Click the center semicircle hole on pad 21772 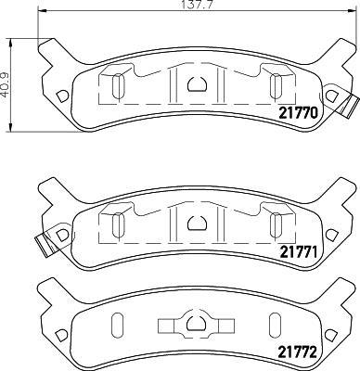point(197,323)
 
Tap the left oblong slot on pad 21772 point(118,326)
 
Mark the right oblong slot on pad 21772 point(276,326)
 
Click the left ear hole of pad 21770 point(62,95)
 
